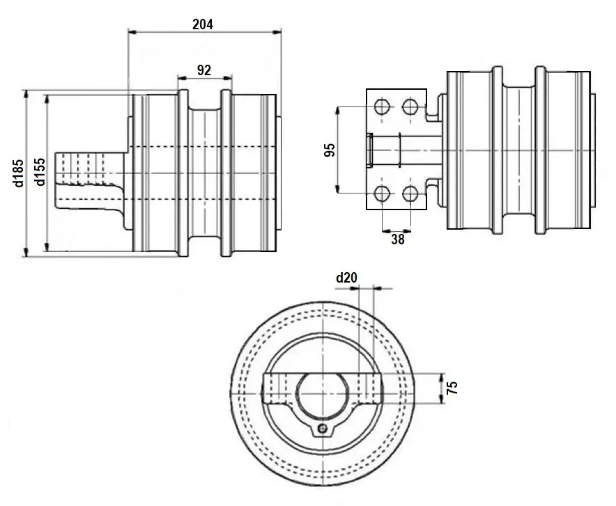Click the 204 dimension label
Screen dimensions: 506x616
202,23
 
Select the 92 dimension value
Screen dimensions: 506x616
204,70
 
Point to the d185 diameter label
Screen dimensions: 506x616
18,173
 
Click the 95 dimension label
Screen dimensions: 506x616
330,150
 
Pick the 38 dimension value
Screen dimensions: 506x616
397,239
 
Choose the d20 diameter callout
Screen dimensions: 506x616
346,278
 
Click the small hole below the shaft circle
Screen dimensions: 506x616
321,428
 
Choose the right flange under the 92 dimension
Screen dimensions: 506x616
226,172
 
